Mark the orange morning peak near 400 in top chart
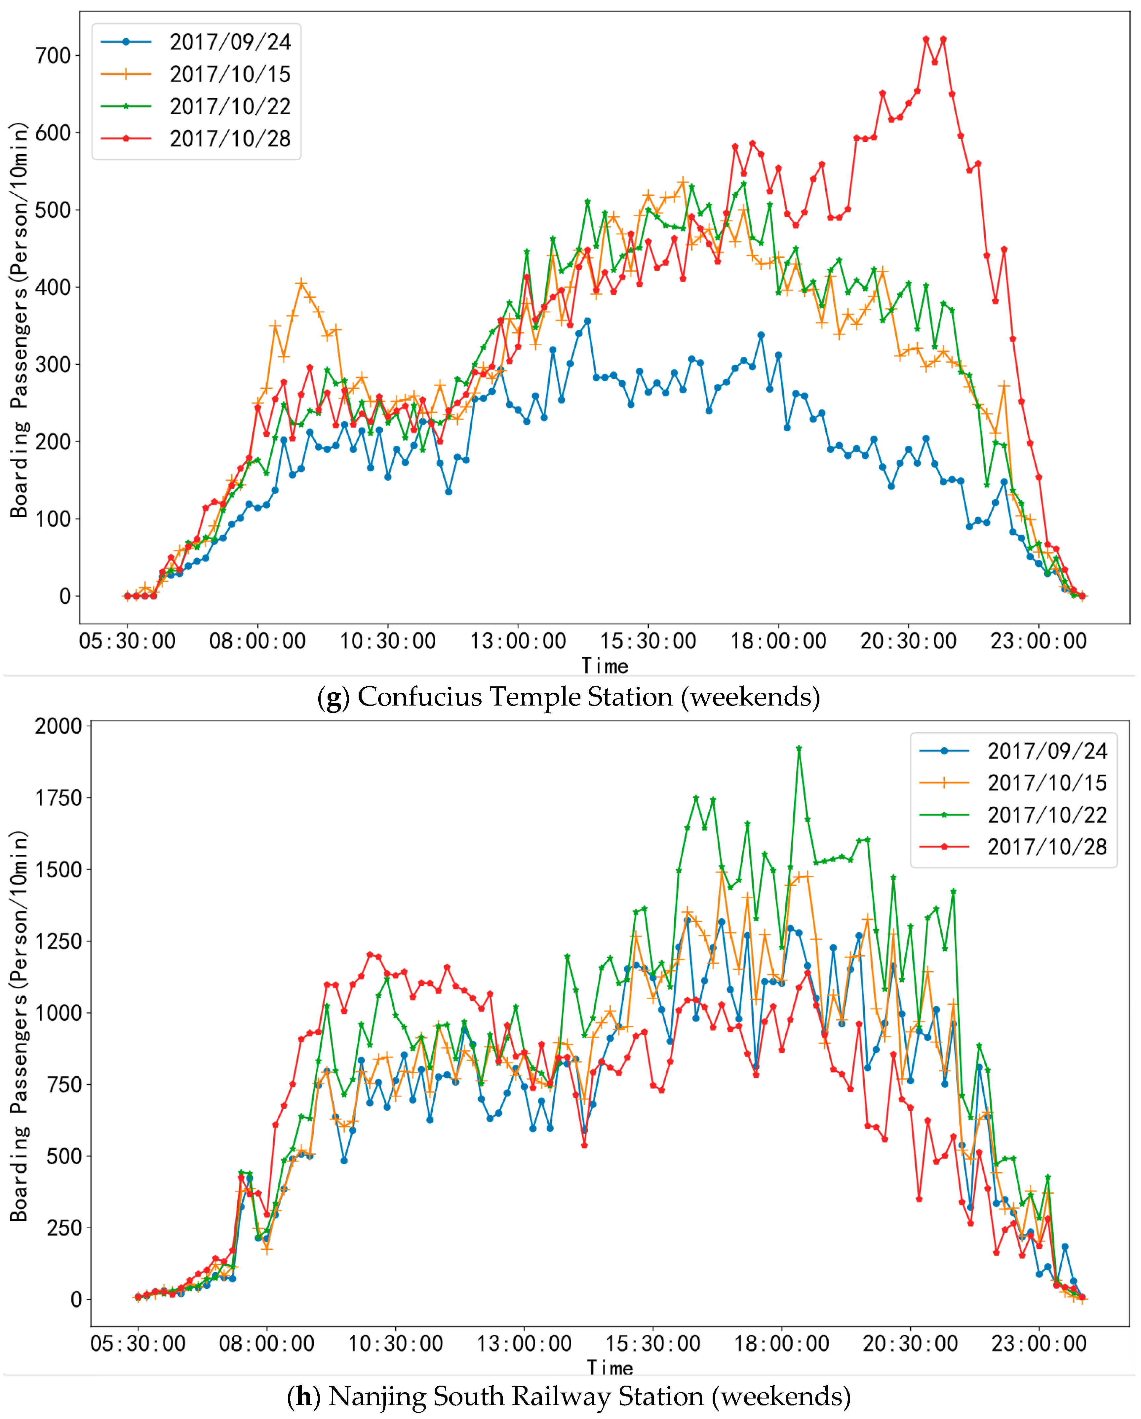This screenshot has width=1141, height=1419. point(301,283)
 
